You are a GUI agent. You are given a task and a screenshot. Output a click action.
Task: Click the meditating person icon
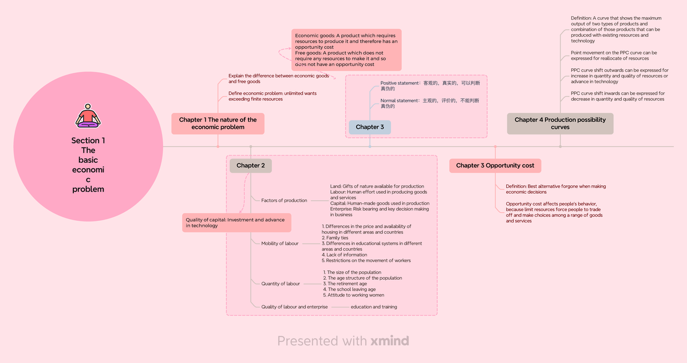[x=88, y=115]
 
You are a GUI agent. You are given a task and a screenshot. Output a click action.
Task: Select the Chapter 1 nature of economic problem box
[x=218, y=123]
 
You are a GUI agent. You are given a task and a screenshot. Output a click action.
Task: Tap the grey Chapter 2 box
[x=250, y=166]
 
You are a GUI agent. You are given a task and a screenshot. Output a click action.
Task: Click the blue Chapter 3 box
[x=369, y=127]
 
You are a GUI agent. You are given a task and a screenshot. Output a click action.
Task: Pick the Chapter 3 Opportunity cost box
[x=495, y=166]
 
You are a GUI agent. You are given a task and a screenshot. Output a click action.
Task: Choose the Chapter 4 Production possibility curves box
[x=560, y=123]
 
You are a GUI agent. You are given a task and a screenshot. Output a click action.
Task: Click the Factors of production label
[x=284, y=201]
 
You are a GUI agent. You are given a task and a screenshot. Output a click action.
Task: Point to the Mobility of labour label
[x=279, y=244]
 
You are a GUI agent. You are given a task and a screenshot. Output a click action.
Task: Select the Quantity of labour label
[x=281, y=284]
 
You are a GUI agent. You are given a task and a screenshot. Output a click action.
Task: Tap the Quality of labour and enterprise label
[x=294, y=307]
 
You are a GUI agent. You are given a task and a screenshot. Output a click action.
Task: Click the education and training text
[x=373, y=307]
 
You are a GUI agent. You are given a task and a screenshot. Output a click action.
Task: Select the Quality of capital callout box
[x=237, y=223]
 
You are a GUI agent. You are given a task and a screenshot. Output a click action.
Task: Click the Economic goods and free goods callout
[x=346, y=50]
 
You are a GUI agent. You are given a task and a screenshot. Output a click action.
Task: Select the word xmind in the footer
[x=389, y=341]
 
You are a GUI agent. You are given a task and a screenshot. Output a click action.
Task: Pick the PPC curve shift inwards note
[x=617, y=96]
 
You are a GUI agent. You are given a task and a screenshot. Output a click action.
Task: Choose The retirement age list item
[x=346, y=284]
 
